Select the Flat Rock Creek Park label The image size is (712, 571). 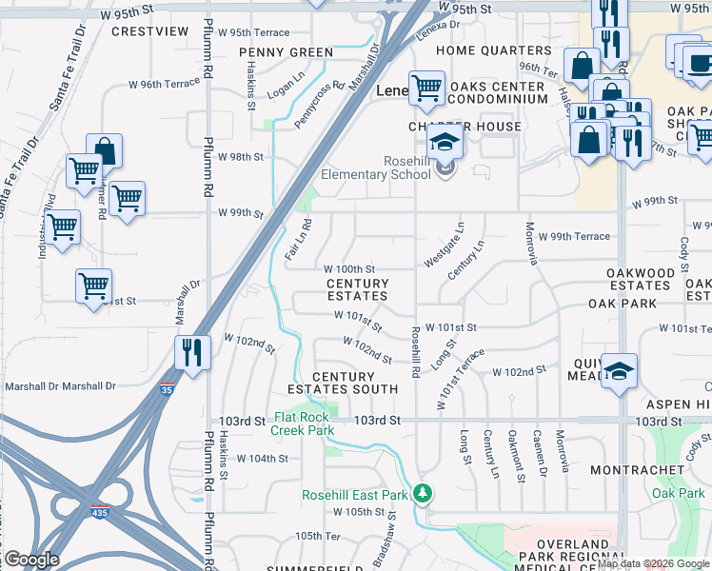pyautogui.click(x=304, y=423)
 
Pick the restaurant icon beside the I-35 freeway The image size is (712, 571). pyautogui.click(x=193, y=352)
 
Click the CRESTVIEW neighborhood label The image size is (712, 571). pyautogui.click(x=150, y=31)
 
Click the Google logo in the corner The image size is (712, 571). pyautogui.click(x=31, y=560)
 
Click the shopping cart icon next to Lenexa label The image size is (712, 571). pyautogui.click(x=427, y=89)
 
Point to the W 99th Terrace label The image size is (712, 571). pyautogui.click(x=573, y=236)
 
